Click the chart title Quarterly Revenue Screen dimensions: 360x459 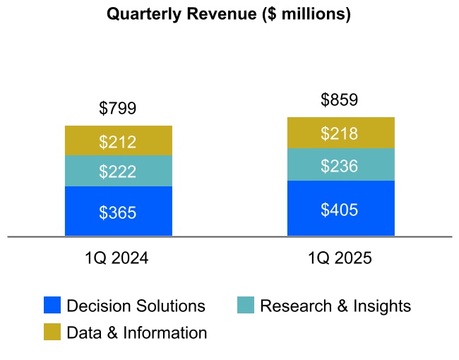click(228, 14)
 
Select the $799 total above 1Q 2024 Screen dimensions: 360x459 click(118, 108)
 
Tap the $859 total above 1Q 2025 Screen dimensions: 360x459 click(340, 100)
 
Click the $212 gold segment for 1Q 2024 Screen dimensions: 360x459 click(118, 141)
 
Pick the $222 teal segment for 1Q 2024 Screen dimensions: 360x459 click(118, 171)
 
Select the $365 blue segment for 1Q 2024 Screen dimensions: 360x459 click(118, 212)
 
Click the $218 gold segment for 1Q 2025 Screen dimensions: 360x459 click(340, 133)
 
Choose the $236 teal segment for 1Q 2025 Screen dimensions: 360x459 click(340, 165)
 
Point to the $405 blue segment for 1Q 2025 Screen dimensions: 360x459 click(340, 209)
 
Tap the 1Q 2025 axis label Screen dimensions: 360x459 click(340, 258)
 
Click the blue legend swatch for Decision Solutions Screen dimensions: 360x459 click(52, 305)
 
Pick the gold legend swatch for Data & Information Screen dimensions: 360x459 click(52, 332)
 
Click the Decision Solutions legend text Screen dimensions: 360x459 click(136, 306)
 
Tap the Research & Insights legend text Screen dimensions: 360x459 click(335, 306)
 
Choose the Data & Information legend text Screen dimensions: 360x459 click(137, 332)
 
